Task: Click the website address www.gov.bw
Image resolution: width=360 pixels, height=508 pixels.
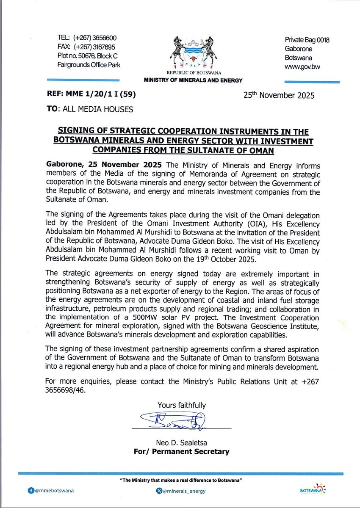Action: point(302,67)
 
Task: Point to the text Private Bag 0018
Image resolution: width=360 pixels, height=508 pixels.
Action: point(307,40)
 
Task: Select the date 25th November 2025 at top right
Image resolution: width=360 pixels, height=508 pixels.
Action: point(279,95)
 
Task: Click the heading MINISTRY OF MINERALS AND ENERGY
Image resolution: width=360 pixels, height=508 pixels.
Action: point(193,80)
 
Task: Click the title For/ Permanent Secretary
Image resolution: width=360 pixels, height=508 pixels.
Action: point(181,451)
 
